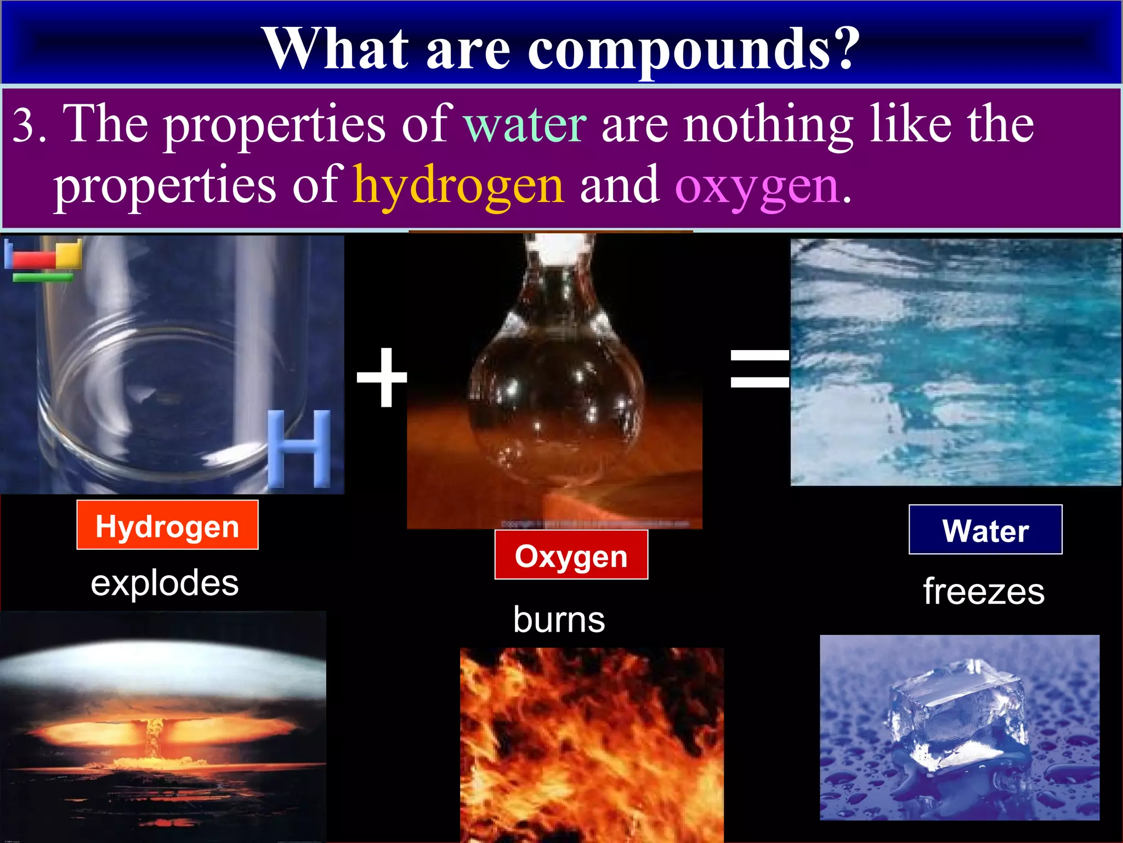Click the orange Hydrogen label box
(167, 525)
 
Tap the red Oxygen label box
(571, 555)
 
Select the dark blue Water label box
(985, 530)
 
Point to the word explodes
(165, 583)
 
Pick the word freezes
(984, 592)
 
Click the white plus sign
(382, 378)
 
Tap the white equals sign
(759, 368)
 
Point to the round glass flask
(555, 395)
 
